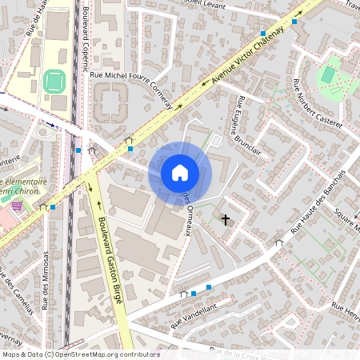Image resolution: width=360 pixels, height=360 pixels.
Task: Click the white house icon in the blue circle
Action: [x=179, y=173]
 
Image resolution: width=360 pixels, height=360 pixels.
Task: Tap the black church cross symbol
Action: [x=226, y=218]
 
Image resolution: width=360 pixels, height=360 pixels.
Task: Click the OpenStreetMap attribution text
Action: [x=80, y=354]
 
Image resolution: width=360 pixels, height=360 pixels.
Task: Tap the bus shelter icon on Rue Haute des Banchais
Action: [x=278, y=242]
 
